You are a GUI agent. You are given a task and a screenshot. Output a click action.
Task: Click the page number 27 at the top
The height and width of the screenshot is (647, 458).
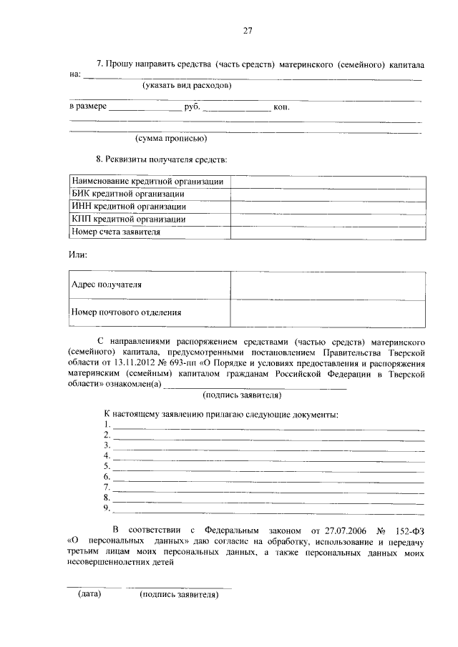tap(248, 31)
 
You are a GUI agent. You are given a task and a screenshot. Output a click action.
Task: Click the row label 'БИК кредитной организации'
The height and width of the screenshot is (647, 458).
tap(128, 194)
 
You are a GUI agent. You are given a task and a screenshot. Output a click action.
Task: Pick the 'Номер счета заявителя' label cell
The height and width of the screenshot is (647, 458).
tap(116, 232)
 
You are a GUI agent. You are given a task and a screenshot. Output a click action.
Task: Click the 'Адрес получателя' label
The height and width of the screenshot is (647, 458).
tap(107, 285)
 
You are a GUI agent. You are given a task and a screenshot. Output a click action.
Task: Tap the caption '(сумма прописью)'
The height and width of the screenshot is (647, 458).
tap(171, 138)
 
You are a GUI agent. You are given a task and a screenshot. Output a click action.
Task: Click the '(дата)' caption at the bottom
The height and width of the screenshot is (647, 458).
tap(89, 594)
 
